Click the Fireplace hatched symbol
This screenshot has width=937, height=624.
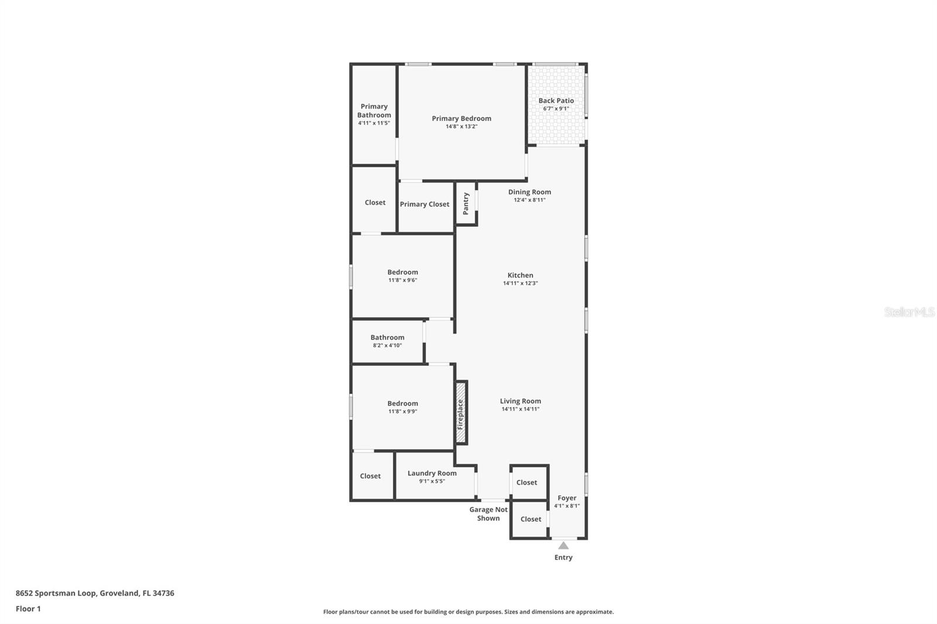(461, 413)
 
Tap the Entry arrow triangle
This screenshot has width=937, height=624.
(563, 546)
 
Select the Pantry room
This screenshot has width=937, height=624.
(466, 203)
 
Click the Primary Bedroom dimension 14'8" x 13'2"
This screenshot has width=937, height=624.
(461, 126)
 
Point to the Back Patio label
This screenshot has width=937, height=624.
(556, 101)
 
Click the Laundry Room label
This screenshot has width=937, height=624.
(432, 473)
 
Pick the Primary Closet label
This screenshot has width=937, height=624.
(425, 204)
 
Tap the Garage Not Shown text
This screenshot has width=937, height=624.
(488, 514)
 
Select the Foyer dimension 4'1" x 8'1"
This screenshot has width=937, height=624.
(567, 506)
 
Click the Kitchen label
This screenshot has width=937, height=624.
(520, 275)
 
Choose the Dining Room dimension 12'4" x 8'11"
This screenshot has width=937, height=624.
(529, 200)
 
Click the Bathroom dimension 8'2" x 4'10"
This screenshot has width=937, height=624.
(387, 345)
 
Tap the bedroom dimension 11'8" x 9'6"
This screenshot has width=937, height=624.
(402, 280)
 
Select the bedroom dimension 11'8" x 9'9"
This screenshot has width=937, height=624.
(402, 412)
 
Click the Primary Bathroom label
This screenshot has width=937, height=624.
(374, 111)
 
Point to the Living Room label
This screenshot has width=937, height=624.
(520, 401)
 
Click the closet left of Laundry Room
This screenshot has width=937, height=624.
(371, 476)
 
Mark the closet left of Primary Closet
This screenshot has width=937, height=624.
(375, 203)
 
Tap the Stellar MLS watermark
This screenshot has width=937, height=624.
(909, 312)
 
